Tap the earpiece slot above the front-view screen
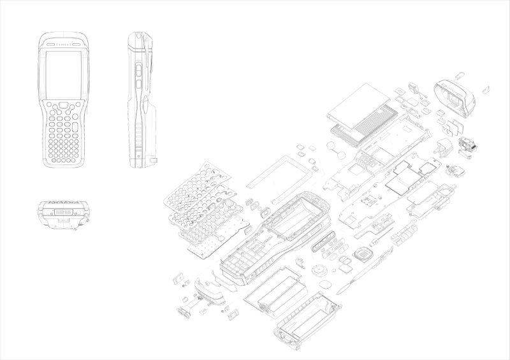point(63,45)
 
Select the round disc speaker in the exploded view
point(319,268)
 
